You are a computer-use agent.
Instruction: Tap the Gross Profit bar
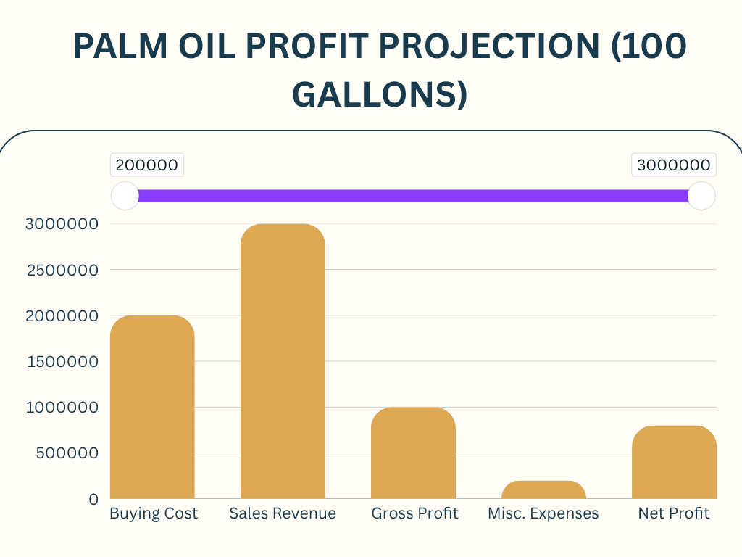click(x=413, y=453)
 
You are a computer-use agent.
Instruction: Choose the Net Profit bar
click(x=674, y=462)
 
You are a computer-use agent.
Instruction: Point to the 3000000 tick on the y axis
click(x=62, y=224)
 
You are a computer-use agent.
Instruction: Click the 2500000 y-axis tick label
click(x=62, y=270)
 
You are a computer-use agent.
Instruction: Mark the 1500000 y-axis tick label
click(x=62, y=361)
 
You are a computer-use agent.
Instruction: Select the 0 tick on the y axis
click(x=93, y=499)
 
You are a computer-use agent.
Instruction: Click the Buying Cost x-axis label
click(x=154, y=513)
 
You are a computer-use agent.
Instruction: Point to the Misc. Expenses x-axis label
click(x=543, y=513)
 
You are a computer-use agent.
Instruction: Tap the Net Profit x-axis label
click(x=674, y=513)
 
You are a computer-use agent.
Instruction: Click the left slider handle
click(x=125, y=196)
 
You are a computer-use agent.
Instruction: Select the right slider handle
click(x=701, y=196)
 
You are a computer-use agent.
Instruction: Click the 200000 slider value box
click(x=147, y=165)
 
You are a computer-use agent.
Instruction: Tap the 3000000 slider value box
click(x=674, y=165)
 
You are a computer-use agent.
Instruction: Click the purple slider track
click(x=413, y=196)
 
